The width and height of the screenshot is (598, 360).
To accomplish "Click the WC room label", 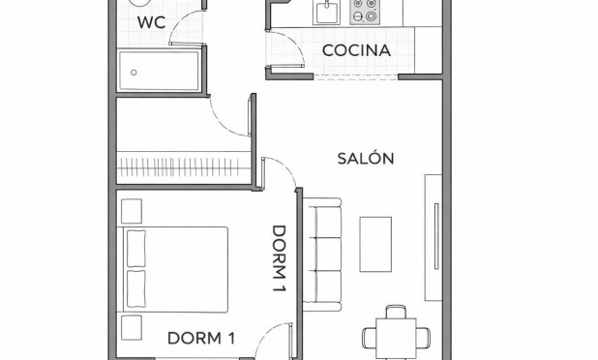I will click(150, 22).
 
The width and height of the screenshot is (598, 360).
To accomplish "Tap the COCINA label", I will click(356, 50).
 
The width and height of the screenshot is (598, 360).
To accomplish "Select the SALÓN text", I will click(365, 158).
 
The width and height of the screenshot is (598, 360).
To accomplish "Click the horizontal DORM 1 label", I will click(201, 338).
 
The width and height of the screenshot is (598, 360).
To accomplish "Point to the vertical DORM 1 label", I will click(280, 259).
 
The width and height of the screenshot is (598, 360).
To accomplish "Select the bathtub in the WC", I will click(159, 71).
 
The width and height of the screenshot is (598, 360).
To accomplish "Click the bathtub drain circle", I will click(133, 71).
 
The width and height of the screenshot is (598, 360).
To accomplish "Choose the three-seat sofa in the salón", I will click(324, 251).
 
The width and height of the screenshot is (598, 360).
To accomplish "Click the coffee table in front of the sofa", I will click(375, 243).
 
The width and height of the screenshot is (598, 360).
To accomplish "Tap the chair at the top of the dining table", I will click(394, 312).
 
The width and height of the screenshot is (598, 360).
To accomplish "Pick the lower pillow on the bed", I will click(135, 287).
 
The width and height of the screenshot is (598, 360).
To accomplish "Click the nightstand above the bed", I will click(131, 209).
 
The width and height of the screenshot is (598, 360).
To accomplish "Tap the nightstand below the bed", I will click(131, 325).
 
